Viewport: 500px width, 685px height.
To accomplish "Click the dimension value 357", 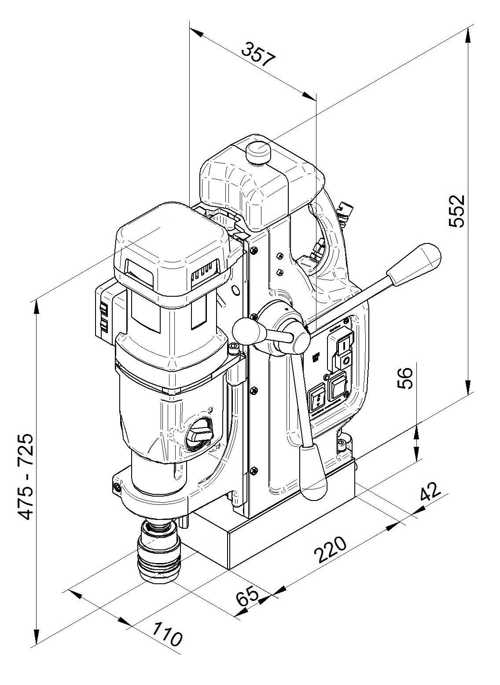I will click(x=259, y=54).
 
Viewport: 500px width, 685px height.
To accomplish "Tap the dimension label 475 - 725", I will click(x=26, y=476).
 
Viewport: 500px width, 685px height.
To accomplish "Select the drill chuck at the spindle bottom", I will click(x=158, y=555).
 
